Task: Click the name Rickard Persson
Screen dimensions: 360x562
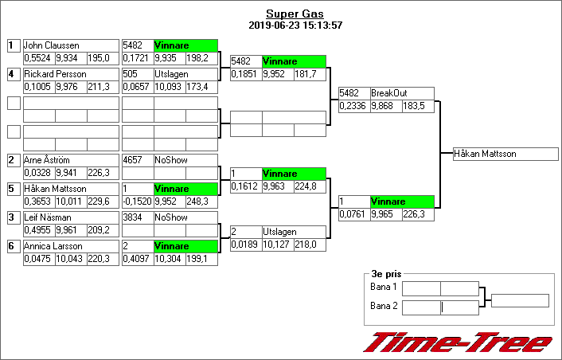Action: (x=55, y=74)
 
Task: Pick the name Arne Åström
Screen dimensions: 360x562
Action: (x=49, y=160)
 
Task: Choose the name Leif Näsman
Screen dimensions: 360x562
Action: (x=47, y=217)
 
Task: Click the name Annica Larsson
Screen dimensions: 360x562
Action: (x=53, y=246)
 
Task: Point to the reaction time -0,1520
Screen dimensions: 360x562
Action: (x=137, y=202)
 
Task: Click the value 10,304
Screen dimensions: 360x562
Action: (x=169, y=259)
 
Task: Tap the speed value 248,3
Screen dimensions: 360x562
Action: (x=201, y=202)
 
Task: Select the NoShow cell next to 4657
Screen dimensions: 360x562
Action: (x=185, y=160)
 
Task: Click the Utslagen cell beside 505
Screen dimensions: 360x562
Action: (x=185, y=74)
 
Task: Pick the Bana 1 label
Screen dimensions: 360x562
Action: (x=383, y=287)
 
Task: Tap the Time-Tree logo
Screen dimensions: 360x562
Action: (x=457, y=342)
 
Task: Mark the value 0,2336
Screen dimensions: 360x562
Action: (x=353, y=106)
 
